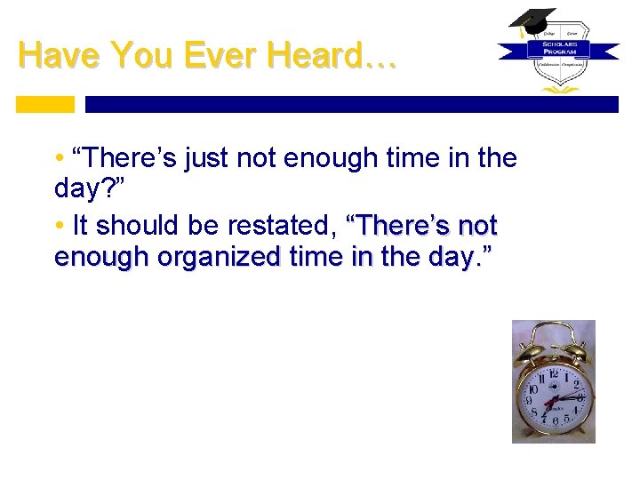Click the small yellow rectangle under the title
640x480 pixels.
tap(45, 104)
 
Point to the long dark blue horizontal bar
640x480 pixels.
tap(351, 104)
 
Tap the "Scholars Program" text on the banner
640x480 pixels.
tap(558, 47)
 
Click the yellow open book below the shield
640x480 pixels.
tap(558, 89)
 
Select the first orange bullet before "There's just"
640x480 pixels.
tap(59, 159)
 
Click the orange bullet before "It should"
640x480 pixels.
tap(59, 225)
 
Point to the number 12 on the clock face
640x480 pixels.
tap(554, 371)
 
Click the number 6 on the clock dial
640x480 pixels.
tap(556, 420)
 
